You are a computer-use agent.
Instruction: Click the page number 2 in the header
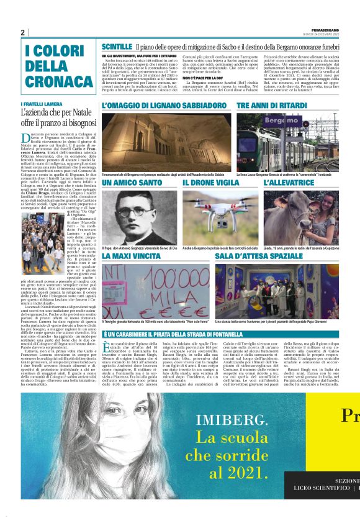pyautogui.click(x=22, y=32)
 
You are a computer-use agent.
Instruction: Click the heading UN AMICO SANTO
pyautogui.click(x=132, y=183)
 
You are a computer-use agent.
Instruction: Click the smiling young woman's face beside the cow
pyautogui.click(x=325, y=210)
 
